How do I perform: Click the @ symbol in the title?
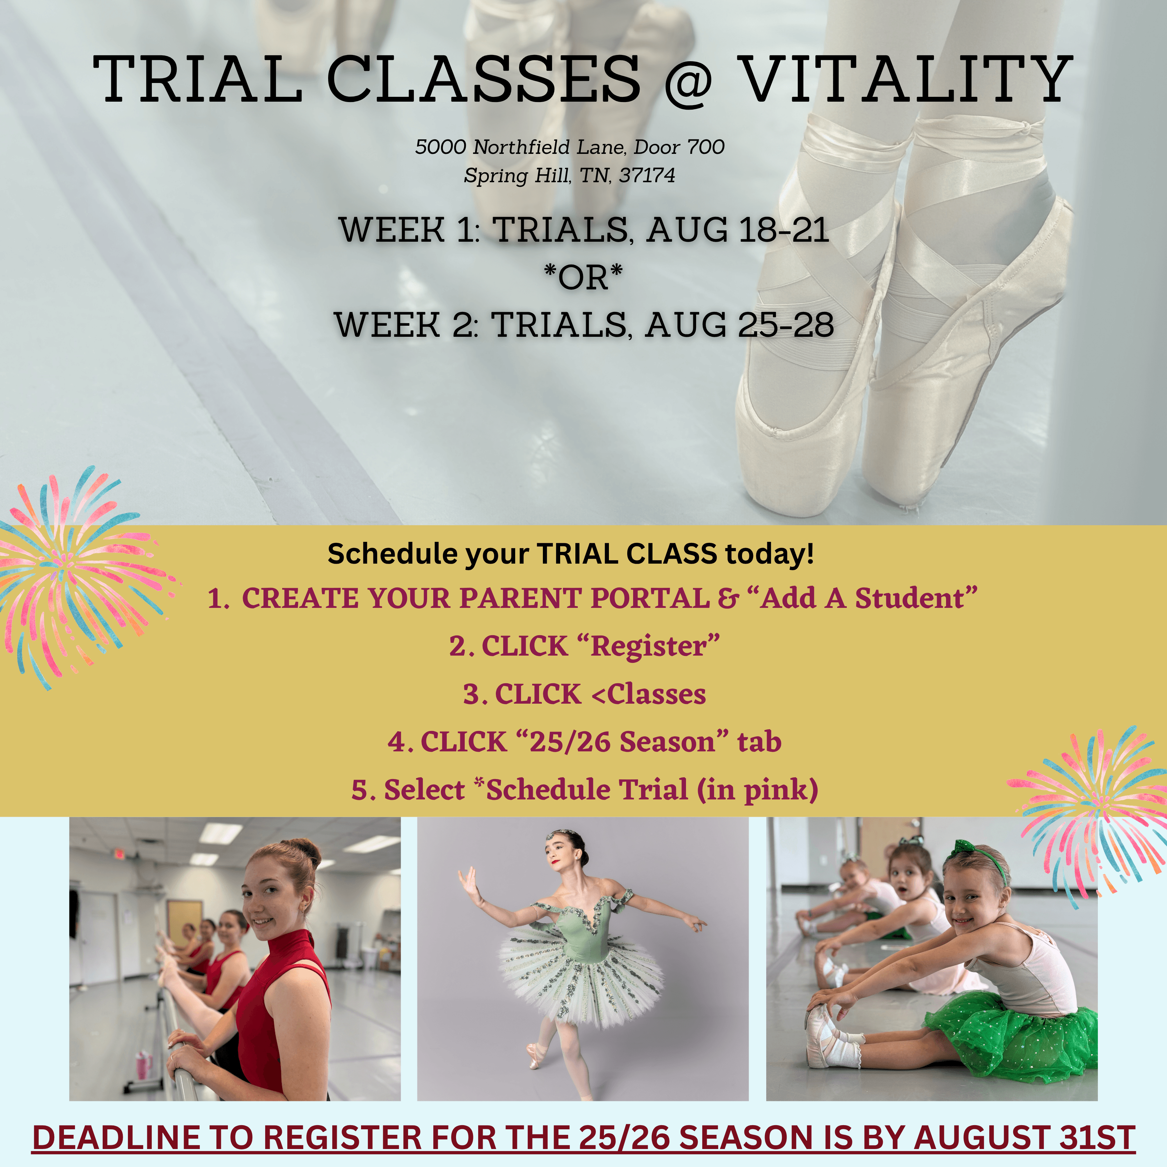point(688,80)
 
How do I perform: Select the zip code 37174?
point(647,175)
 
